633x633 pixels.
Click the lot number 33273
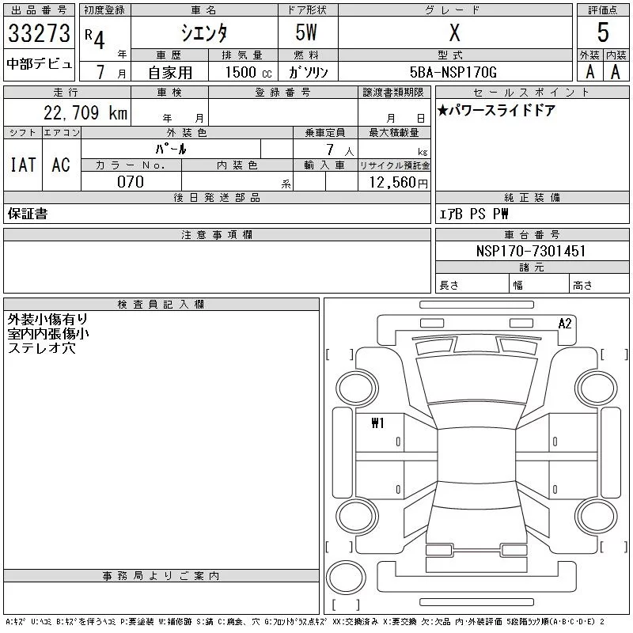(x=39, y=33)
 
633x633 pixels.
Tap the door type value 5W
(x=307, y=33)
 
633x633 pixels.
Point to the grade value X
(x=454, y=33)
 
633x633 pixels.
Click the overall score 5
(x=603, y=33)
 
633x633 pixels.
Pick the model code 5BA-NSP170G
(x=453, y=72)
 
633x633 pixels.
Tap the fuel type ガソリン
(x=308, y=72)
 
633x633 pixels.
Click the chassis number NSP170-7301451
(x=532, y=251)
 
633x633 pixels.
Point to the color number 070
(x=131, y=182)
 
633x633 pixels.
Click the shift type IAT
(x=22, y=165)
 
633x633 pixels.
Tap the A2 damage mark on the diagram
(x=565, y=323)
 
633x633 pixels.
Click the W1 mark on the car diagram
(x=377, y=423)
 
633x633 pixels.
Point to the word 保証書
(x=27, y=214)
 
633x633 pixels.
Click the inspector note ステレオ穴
(x=41, y=347)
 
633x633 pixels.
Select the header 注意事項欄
(x=217, y=235)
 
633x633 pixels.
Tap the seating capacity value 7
(x=328, y=148)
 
